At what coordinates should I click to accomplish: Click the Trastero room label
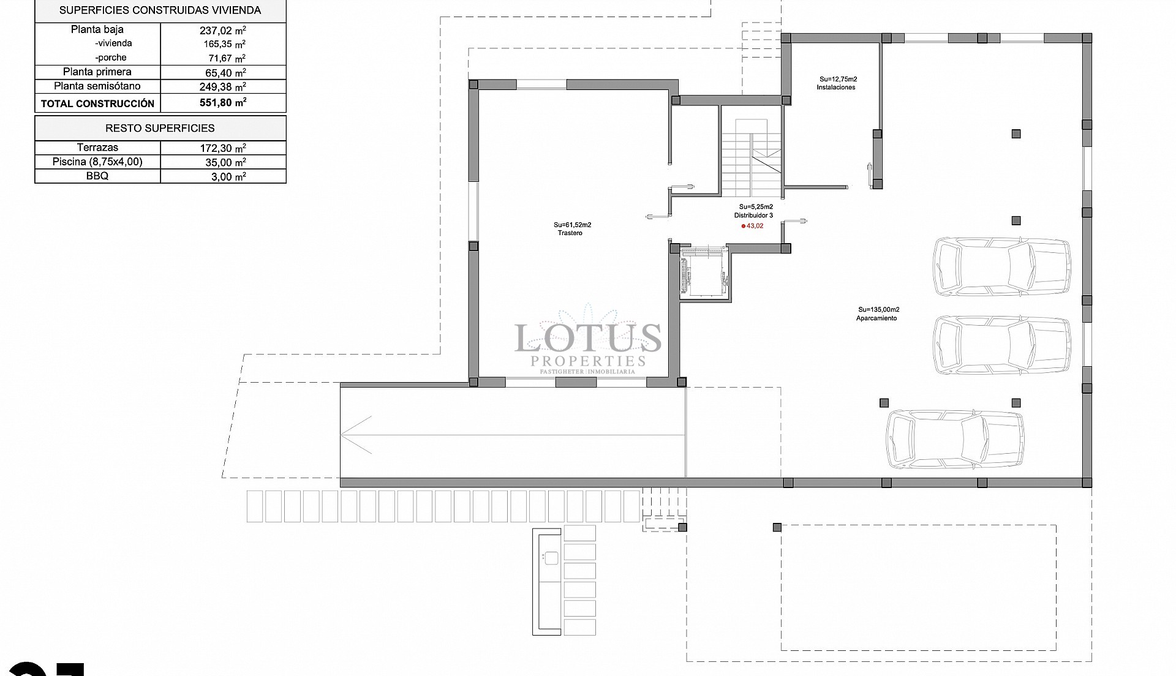pos(570,233)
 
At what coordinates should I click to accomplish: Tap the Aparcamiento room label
pos(876,318)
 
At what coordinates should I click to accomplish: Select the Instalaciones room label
pos(835,88)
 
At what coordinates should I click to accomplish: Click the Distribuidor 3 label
pos(753,216)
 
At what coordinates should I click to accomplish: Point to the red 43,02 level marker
pos(753,226)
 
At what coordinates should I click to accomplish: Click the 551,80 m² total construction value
pos(223,103)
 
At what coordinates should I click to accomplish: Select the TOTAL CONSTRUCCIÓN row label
pos(97,103)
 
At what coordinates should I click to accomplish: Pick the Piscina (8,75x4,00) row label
pos(97,162)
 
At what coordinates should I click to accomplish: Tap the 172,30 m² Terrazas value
pos(223,148)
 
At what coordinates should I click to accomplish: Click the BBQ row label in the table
pos(97,176)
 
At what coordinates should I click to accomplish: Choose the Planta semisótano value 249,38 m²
pos(223,86)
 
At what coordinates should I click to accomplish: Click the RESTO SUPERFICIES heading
pos(160,128)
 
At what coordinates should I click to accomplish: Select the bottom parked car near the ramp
pos(955,440)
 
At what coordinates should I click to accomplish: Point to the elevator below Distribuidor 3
pos(704,274)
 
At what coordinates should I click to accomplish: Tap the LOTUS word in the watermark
pos(587,338)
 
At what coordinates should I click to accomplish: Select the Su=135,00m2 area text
pos(878,310)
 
